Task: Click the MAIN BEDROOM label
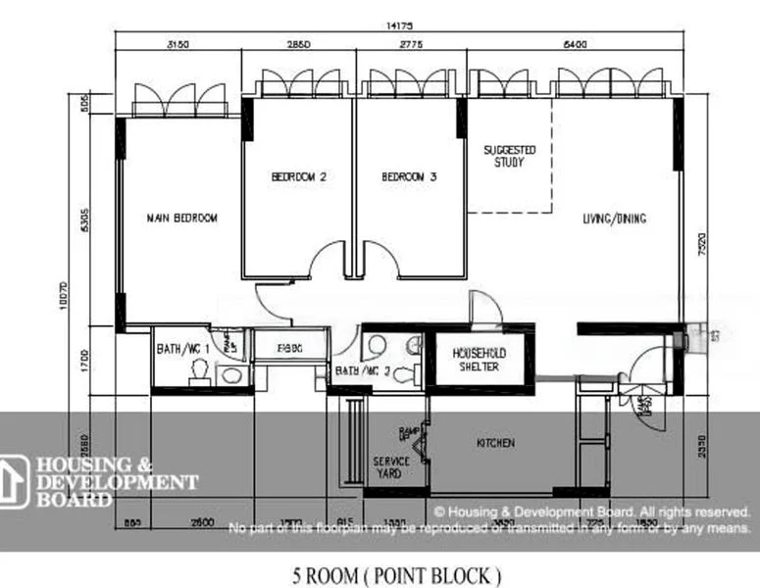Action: pyautogui.click(x=181, y=218)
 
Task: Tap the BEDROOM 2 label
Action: pyautogui.click(x=298, y=177)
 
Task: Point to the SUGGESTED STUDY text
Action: pyautogui.click(x=510, y=156)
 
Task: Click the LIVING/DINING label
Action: pyautogui.click(x=614, y=219)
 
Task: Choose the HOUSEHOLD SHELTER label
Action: pyautogui.click(x=476, y=359)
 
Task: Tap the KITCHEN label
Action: pyautogui.click(x=495, y=443)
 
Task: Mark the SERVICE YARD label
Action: pyautogui.click(x=391, y=466)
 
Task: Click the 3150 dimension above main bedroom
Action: pyautogui.click(x=177, y=45)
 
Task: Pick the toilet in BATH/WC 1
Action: pyautogui.click(x=199, y=369)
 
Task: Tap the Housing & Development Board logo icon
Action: pyautogui.click(x=14, y=482)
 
